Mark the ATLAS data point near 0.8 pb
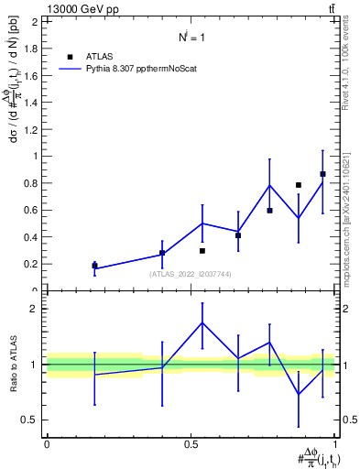(x=299, y=185)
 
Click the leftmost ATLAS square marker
(x=94, y=266)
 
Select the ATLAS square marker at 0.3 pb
(x=202, y=250)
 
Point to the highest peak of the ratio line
(x=202, y=322)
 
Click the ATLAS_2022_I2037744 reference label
(x=190, y=274)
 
